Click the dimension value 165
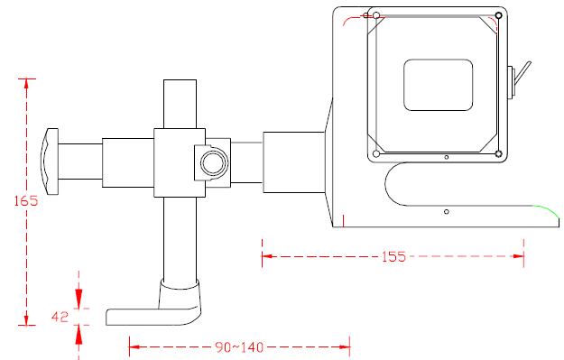pos(26,200)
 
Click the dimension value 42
pos(60,318)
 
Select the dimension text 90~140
pos(239,347)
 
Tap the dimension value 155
pos(393,256)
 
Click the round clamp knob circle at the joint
pos(214,163)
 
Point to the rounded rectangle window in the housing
pos(438,85)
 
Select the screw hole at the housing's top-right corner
pos(498,15)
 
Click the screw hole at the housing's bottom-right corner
pos(498,154)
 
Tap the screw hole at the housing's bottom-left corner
pos(376,154)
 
